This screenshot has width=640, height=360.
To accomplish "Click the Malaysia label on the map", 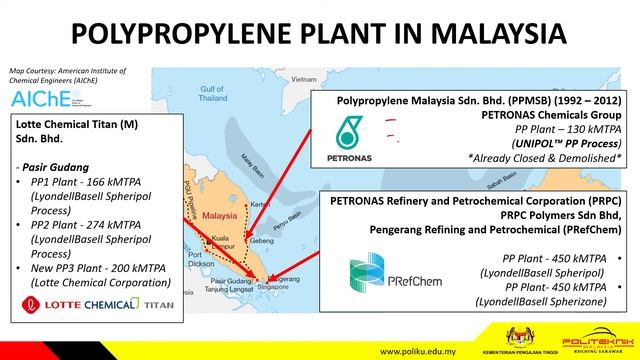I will (x=219, y=214).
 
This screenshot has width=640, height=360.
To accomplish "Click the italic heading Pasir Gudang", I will (x=53, y=167).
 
